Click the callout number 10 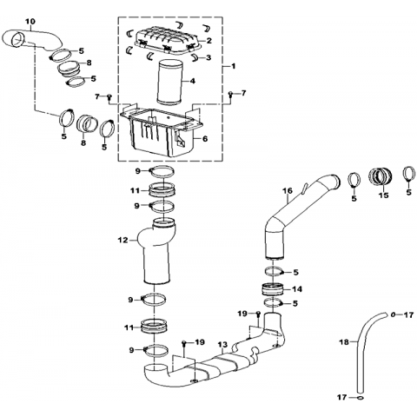point(30,22)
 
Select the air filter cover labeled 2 point(168,41)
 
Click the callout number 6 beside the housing point(205,139)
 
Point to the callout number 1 point(234,66)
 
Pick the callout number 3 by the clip point(208,58)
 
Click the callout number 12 point(123,241)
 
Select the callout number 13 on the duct point(223,345)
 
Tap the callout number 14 point(297,289)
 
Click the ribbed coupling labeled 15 point(381,177)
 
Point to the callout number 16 point(288,191)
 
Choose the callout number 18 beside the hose point(345,342)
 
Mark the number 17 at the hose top point(409,314)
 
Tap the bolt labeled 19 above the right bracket point(258,314)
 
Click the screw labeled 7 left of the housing point(109,97)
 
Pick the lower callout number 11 point(129,328)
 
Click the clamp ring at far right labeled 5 point(408,175)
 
